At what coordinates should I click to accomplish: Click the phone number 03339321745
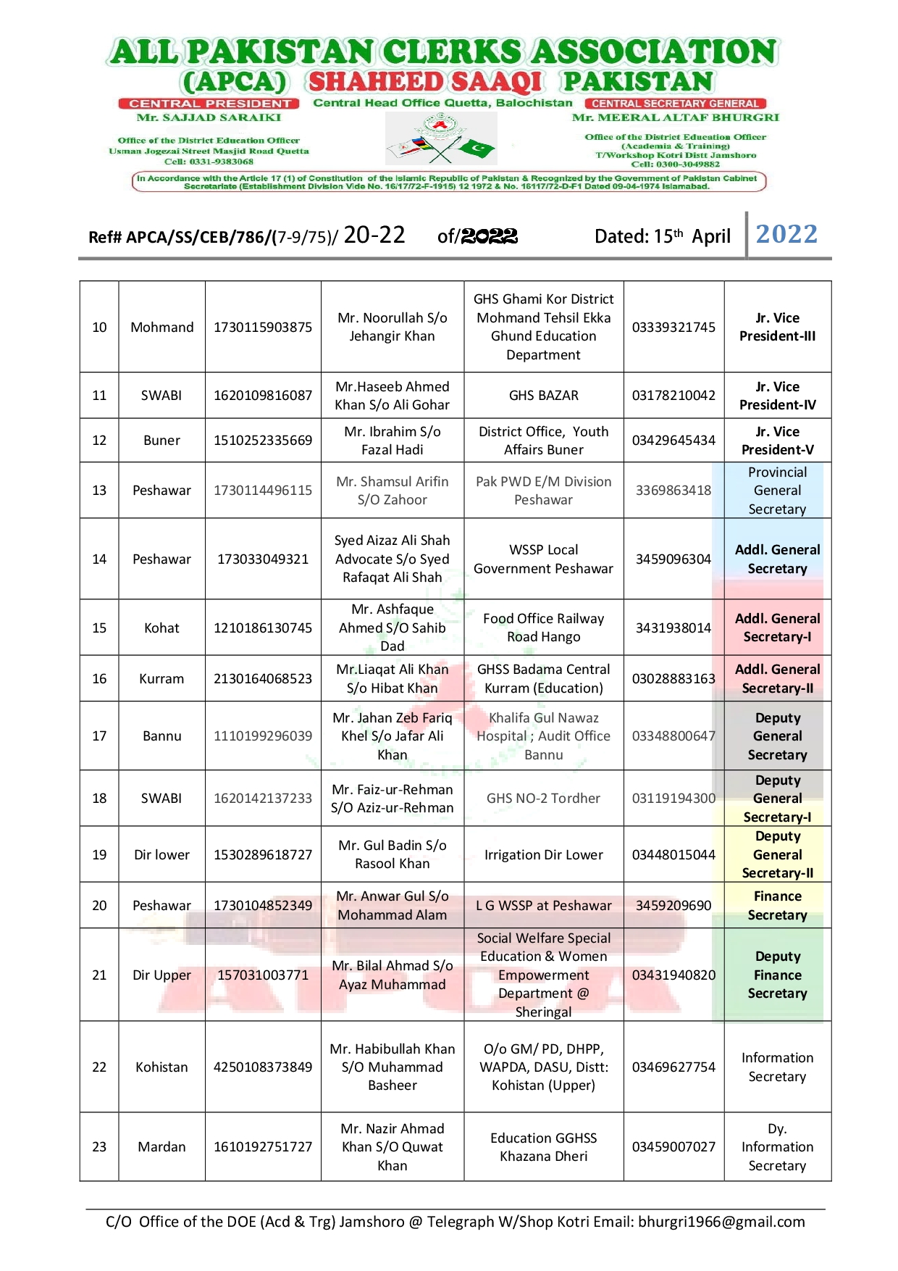(673, 327)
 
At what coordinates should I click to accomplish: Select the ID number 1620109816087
(263, 395)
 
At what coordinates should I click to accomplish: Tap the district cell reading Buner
(161, 440)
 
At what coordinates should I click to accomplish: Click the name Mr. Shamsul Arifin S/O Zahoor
(392, 491)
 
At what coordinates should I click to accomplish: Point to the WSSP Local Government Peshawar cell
(543, 559)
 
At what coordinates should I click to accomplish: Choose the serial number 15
(99, 628)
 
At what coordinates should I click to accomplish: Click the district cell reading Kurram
(161, 678)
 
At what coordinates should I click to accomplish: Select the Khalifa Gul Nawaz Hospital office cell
(543, 735)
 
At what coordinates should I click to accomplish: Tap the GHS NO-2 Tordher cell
(543, 798)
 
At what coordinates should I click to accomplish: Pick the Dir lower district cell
(161, 854)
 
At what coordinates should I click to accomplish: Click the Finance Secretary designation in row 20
(777, 905)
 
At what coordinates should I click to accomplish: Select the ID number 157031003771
(263, 975)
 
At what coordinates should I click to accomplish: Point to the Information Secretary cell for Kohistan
(777, 1067)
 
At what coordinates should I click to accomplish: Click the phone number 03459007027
(673, 1146)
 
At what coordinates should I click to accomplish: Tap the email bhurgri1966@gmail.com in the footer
(721, 1222)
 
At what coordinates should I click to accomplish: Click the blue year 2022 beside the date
(786, 234)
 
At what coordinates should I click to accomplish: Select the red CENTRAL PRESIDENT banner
(210, 104)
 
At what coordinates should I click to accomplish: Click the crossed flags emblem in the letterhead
(441, 140)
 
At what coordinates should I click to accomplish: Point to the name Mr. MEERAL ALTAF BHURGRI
(675, 117)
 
